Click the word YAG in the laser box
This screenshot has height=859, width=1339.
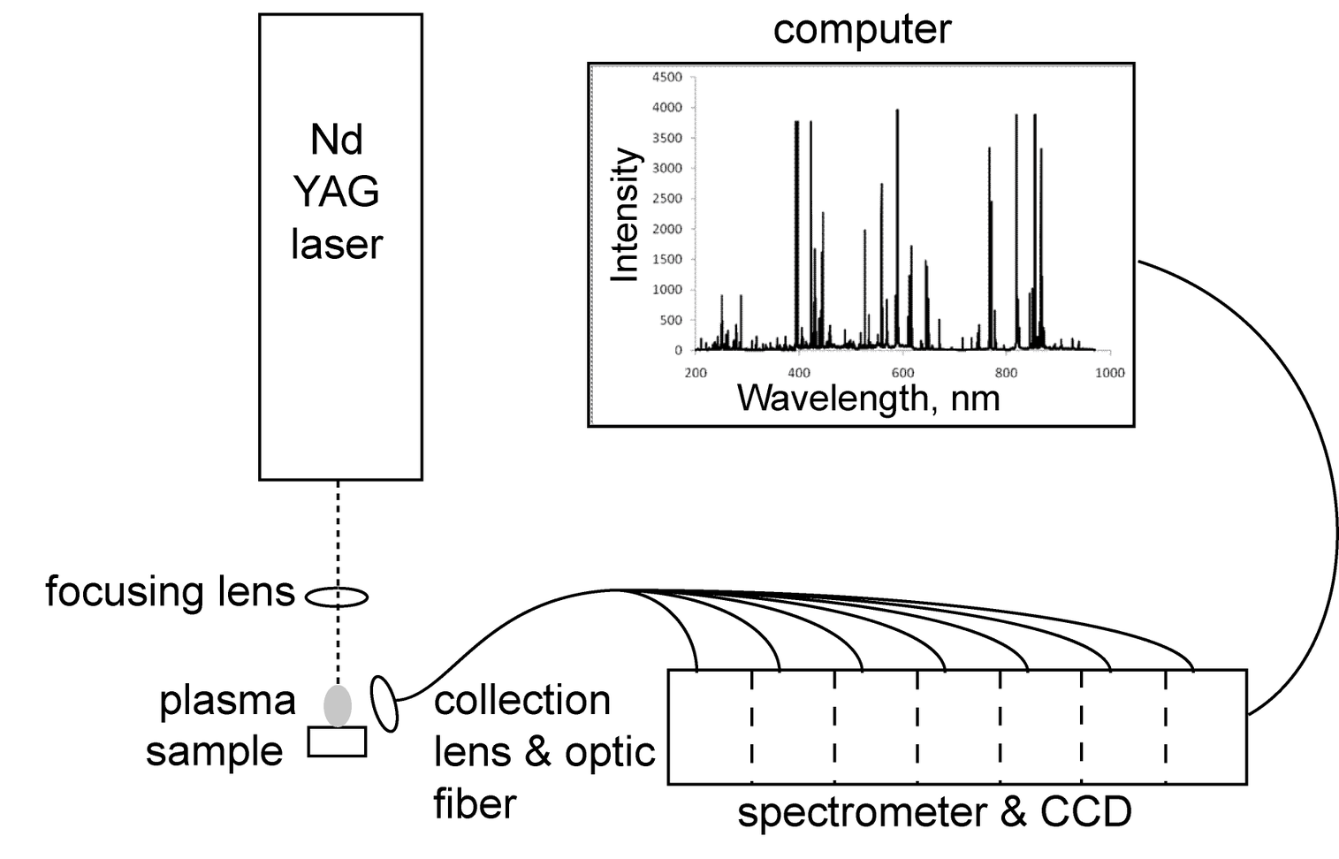(336, 192)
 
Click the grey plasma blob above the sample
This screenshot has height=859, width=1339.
(338, 705)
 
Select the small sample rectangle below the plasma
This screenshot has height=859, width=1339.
(337, 741)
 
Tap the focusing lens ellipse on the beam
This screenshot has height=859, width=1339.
(337, 597)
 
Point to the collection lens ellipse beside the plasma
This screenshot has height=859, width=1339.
(385, 703)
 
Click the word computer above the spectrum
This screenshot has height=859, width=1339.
(862, 29)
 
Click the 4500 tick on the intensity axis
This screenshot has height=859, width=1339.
(667, 77)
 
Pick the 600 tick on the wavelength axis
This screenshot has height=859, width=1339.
(902, 372)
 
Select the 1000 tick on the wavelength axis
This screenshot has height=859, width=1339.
(1109, 372)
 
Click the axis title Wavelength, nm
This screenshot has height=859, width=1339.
(868, 398)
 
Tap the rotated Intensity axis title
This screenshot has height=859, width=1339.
(626, 215)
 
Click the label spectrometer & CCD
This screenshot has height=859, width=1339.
(934, 812)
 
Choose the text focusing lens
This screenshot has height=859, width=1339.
(170, 591)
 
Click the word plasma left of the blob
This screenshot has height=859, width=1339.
(227, 701)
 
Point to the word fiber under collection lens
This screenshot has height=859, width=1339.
(475, 804)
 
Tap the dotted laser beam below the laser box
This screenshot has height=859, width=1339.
(338, 530)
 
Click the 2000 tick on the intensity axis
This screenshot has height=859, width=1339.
(667, 229)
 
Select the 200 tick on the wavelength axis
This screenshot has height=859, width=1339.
(696, 372)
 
